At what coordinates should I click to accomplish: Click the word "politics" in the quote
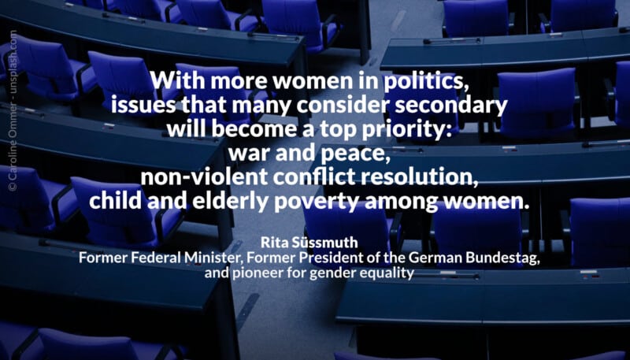(x=426, y=82)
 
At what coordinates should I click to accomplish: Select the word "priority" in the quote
(x=415, y=130)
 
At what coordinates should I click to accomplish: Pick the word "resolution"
(x=424, y=177)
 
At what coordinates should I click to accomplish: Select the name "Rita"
(x=272, y=243)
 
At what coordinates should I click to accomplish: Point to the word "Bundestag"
(x=503, y=258)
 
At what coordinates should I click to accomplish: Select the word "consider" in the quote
(x=344, y=106)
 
